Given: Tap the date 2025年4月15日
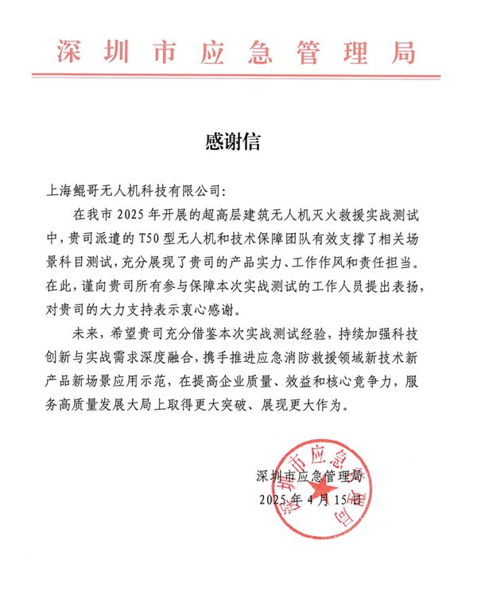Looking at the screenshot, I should [x=311, y=500].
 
